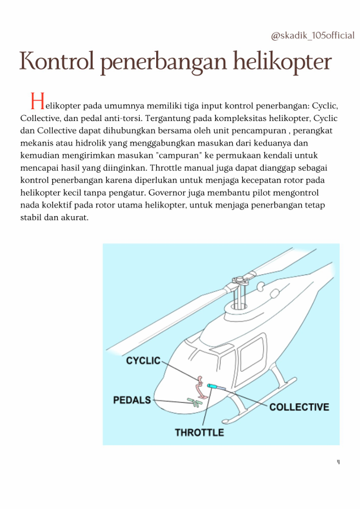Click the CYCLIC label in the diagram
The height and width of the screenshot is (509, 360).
point(143,360)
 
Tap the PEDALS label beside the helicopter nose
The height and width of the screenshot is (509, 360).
point(132,400)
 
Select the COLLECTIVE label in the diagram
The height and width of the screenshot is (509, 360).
point(299,407)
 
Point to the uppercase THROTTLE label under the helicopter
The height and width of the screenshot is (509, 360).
point(199,433)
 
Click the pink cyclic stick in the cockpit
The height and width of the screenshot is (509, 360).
point(200,385)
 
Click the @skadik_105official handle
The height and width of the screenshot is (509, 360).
point(312,36)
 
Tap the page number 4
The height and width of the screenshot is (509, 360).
point(338,462)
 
